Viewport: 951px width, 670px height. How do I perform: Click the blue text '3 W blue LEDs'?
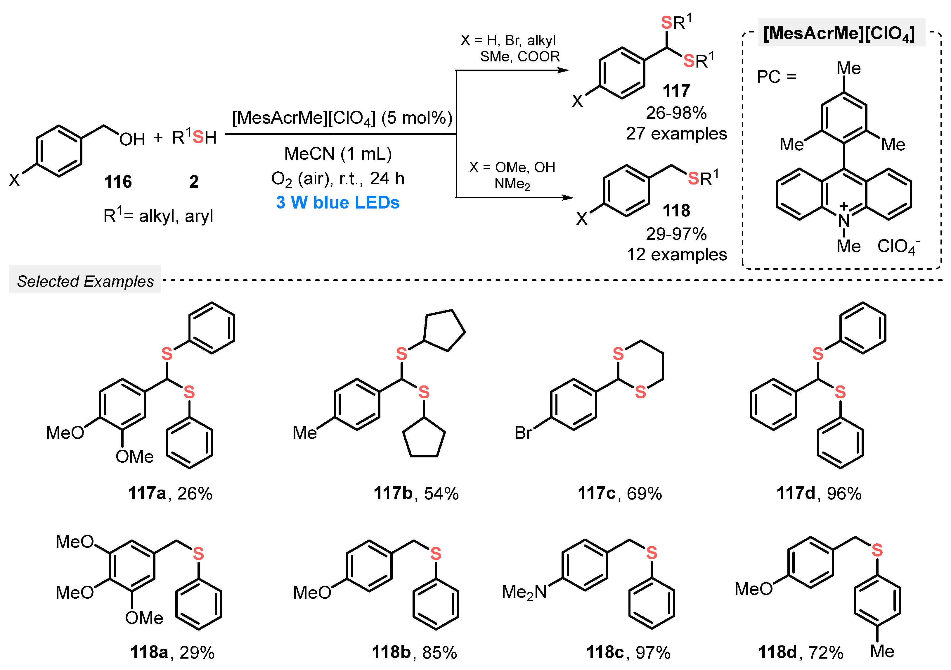(x=337, y=203)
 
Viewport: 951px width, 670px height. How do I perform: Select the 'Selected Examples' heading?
(x=85, y=281)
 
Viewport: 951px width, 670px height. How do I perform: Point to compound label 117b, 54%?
(x=416, y=493)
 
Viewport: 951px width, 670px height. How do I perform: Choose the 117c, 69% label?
(x=620, y=493)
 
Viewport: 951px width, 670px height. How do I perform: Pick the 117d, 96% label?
(x=819, y=493)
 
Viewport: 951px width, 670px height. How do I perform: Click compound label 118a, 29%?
(x=172, y=652)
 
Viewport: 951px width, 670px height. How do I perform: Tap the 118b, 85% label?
(x=414, y=652)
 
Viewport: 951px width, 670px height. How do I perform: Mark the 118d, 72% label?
(x=800, y=652)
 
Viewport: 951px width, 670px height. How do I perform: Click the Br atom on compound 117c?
(x=523, y=433)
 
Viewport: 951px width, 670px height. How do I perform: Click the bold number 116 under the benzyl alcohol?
(x=118, y=182)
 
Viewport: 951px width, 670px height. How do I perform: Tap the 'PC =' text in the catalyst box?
(x=776, y=77)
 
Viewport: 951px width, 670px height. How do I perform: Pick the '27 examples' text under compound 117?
(x=676, y=133)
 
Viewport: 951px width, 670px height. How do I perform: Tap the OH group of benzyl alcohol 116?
(x=132, y=139)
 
